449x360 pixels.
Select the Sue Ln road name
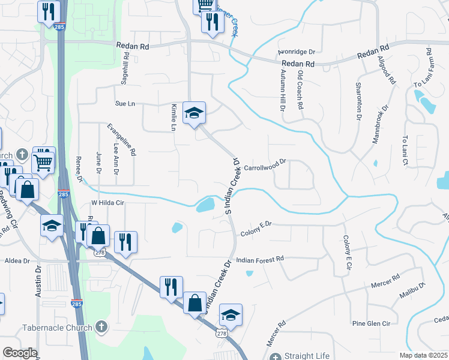[125, 104]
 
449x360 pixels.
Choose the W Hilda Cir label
[107, 203]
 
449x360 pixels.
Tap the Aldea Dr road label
[17, 261]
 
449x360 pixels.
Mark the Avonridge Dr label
[297, 52]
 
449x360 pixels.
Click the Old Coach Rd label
[300, 89]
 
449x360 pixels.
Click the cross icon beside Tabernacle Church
[101, 328]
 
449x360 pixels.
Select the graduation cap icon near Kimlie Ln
[194, 112]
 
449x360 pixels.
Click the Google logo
[20, 353]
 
